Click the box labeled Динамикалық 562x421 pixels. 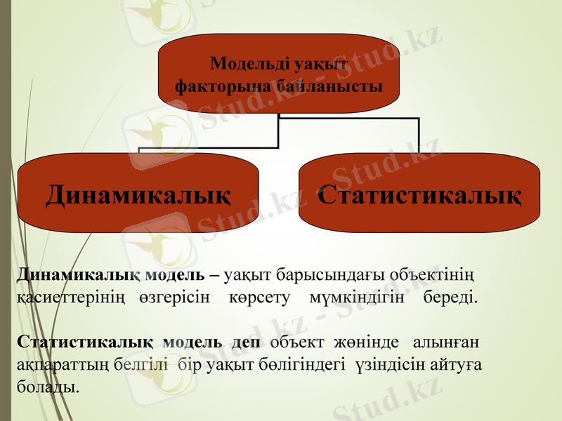pyautogui.click(x=138, y=193)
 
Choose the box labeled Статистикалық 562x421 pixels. pyautogui.click(x=419, y=193)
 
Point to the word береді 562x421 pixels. pyautogui.click(x=450, y=296)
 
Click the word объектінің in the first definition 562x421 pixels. pyautogui.click(x=431, y=273)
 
